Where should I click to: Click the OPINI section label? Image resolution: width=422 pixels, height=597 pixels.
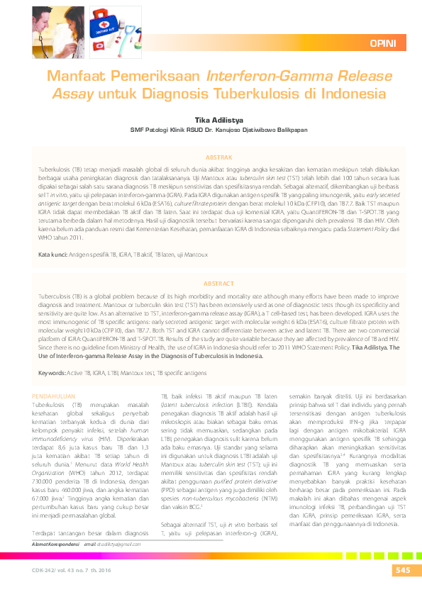pyautogui.click(x=383, y=44)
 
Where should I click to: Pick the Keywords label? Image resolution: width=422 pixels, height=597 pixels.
pyautogui.click(x=52, y=352)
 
